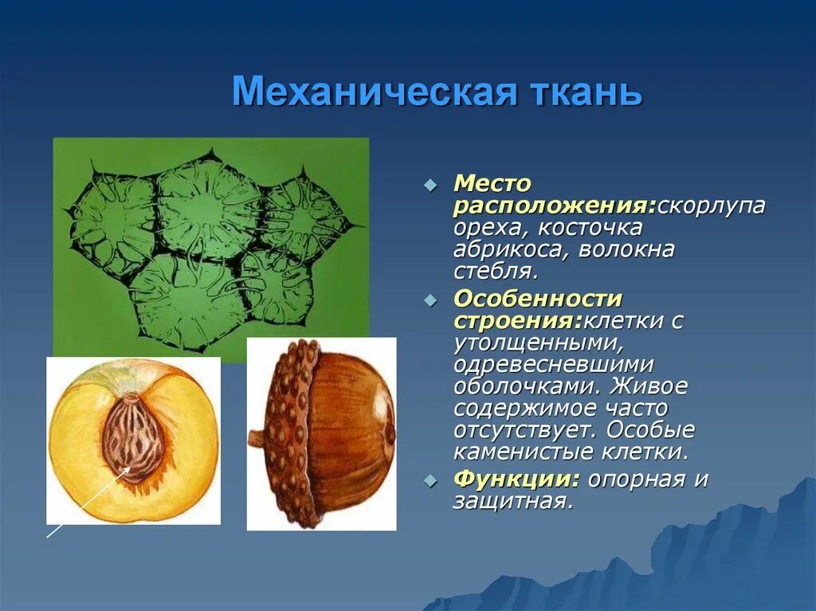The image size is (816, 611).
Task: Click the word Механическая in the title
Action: (375, 92)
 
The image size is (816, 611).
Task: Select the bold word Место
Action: (492, 183)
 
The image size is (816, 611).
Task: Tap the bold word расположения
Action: (555, 206)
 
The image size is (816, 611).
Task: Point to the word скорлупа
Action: (712, 206)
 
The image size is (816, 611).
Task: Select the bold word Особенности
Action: (538, 299)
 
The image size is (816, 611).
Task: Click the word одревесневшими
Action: (554, 364)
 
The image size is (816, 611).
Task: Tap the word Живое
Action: (649, 386)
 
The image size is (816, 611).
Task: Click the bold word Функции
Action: (516, 480)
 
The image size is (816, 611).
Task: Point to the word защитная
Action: (513, 501)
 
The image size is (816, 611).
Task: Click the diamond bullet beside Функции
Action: (430, 480)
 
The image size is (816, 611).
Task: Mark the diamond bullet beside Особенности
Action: (430, 300)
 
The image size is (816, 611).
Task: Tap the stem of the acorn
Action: (256, 437)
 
